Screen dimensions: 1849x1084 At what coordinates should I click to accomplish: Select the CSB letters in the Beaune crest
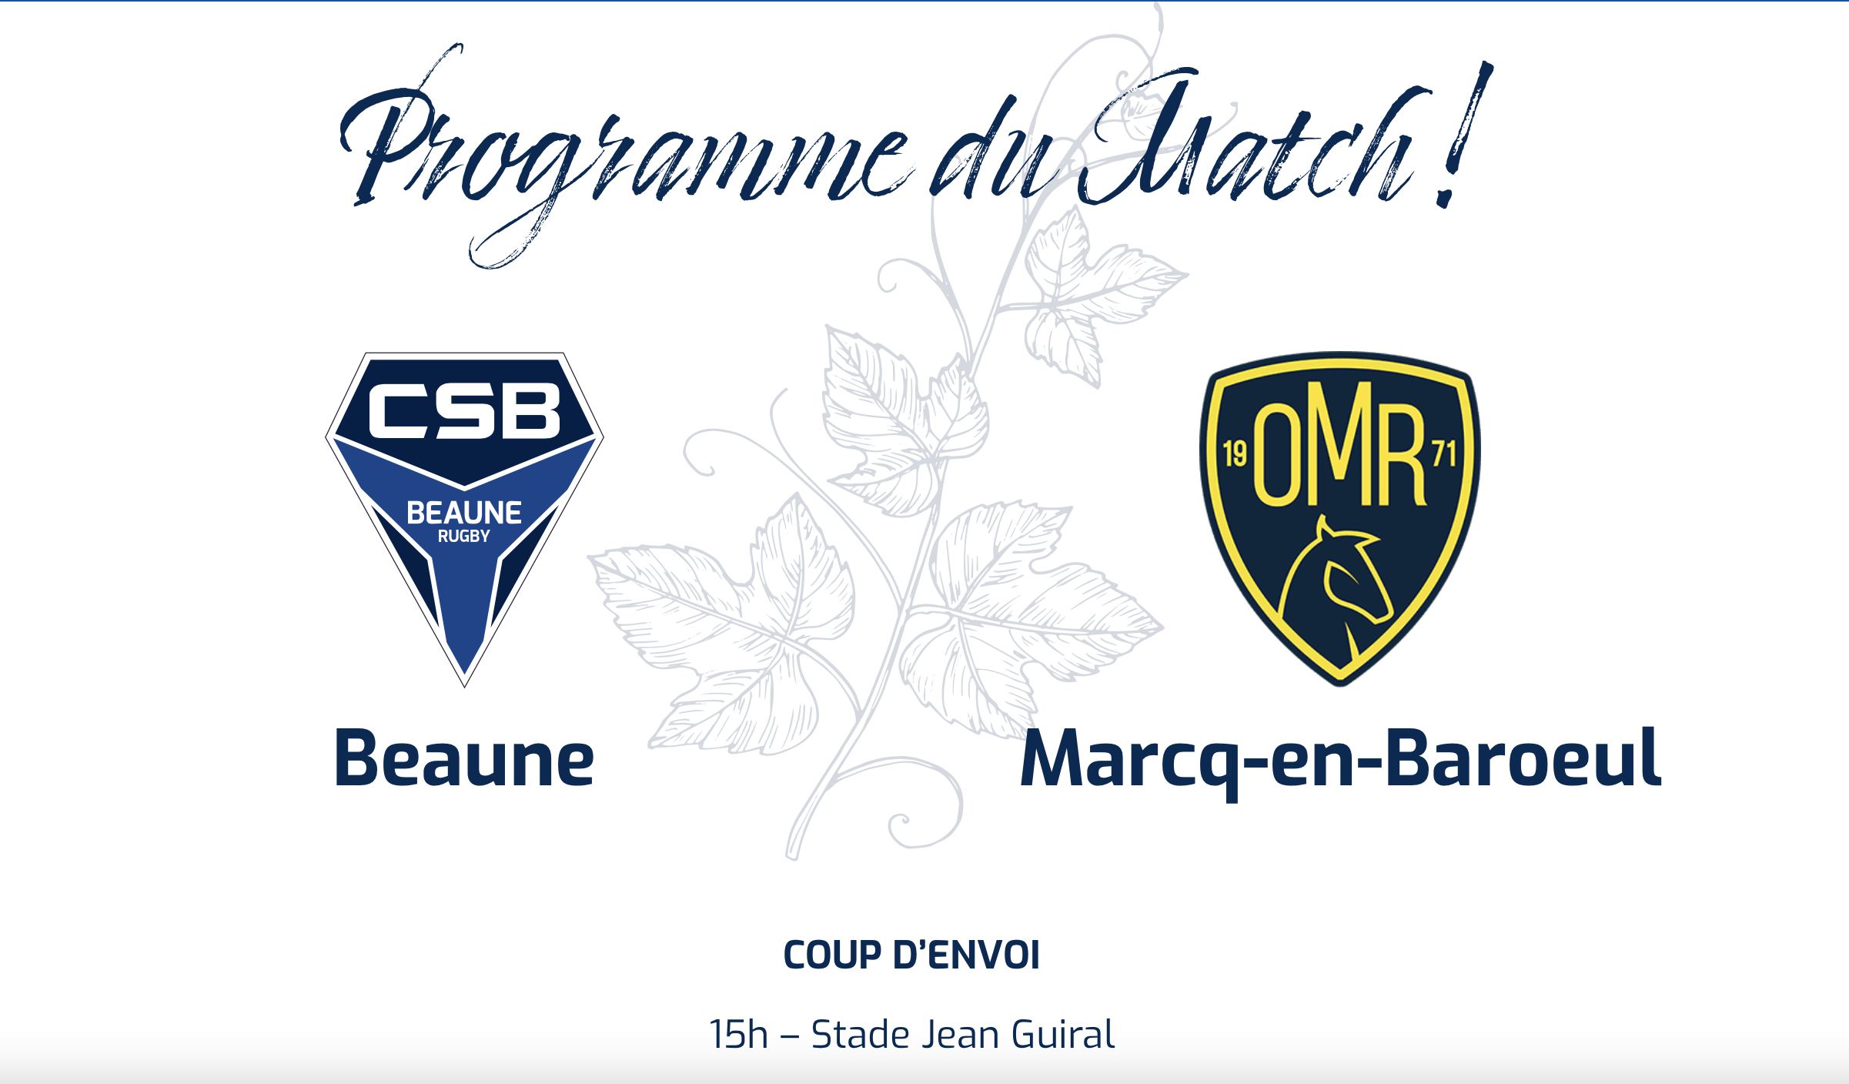click(464, 410)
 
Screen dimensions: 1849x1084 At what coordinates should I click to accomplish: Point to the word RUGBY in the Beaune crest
click(464, 536)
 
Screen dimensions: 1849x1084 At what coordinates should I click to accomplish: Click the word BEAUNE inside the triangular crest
click(464, 513)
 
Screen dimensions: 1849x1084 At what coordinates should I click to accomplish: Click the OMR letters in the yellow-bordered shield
click(1340, 444)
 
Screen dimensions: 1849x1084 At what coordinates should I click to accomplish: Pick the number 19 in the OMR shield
click(1235, 454)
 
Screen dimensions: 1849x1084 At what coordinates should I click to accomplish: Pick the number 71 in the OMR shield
click(1444, 453)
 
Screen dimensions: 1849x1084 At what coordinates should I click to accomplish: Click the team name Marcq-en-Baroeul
click(1340, 762)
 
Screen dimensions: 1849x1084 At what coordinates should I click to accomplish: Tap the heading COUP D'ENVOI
click(911, 955)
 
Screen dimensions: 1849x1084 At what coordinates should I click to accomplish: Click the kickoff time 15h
click(738, 1034)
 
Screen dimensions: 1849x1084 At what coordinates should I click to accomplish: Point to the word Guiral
click(1063, 1034)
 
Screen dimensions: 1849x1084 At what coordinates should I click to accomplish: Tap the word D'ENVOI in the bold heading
click(966, 955)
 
